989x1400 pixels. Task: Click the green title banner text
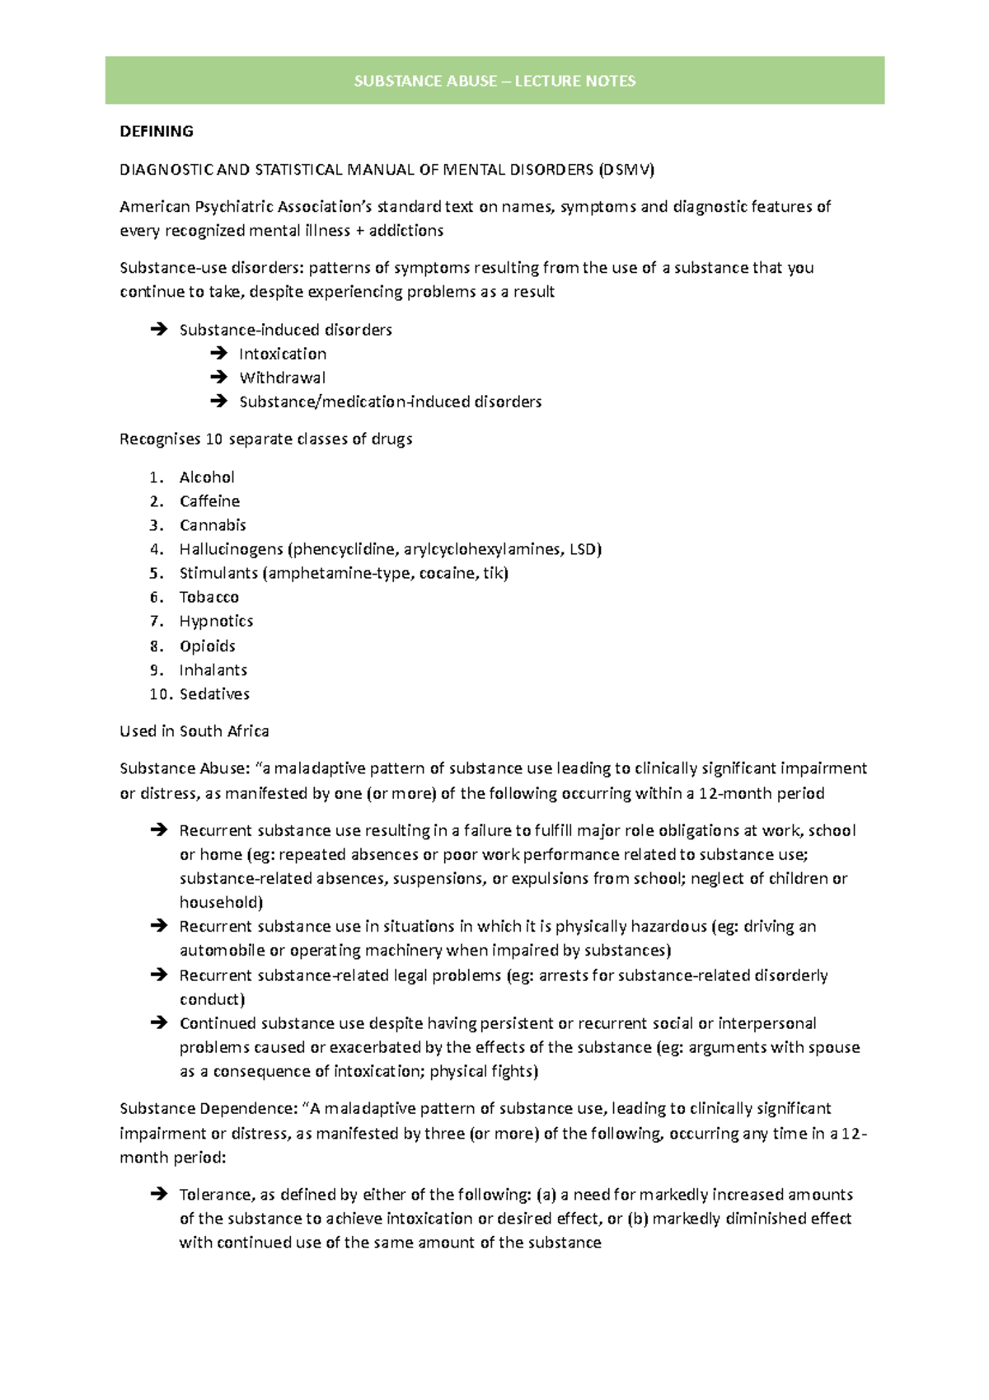[x=494, y=81]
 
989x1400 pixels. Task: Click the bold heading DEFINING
[x=157, y=131]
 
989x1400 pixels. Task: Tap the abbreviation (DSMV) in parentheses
[x=626, y=170]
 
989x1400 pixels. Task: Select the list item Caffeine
[x=209, y=501]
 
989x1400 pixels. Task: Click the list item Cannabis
[x=213, y=525]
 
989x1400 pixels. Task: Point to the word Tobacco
[x=209, y=597]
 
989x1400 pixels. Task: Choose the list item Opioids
[x=208, y=646]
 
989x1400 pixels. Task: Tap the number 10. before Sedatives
[x=161, y=694]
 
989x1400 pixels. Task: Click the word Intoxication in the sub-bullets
[x=283, y=354]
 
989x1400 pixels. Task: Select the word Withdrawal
[x=283, y=378]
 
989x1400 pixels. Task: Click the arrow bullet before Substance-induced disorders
[x=159, y=330]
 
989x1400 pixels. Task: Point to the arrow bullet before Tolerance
[x=159, y=1194]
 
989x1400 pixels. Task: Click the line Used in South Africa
[x=195, y=731]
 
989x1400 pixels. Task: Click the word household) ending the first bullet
[x=221, y=903]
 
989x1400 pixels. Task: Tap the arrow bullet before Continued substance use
[x=159, y=1023]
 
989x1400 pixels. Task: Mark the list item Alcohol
[x=207, y=477]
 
